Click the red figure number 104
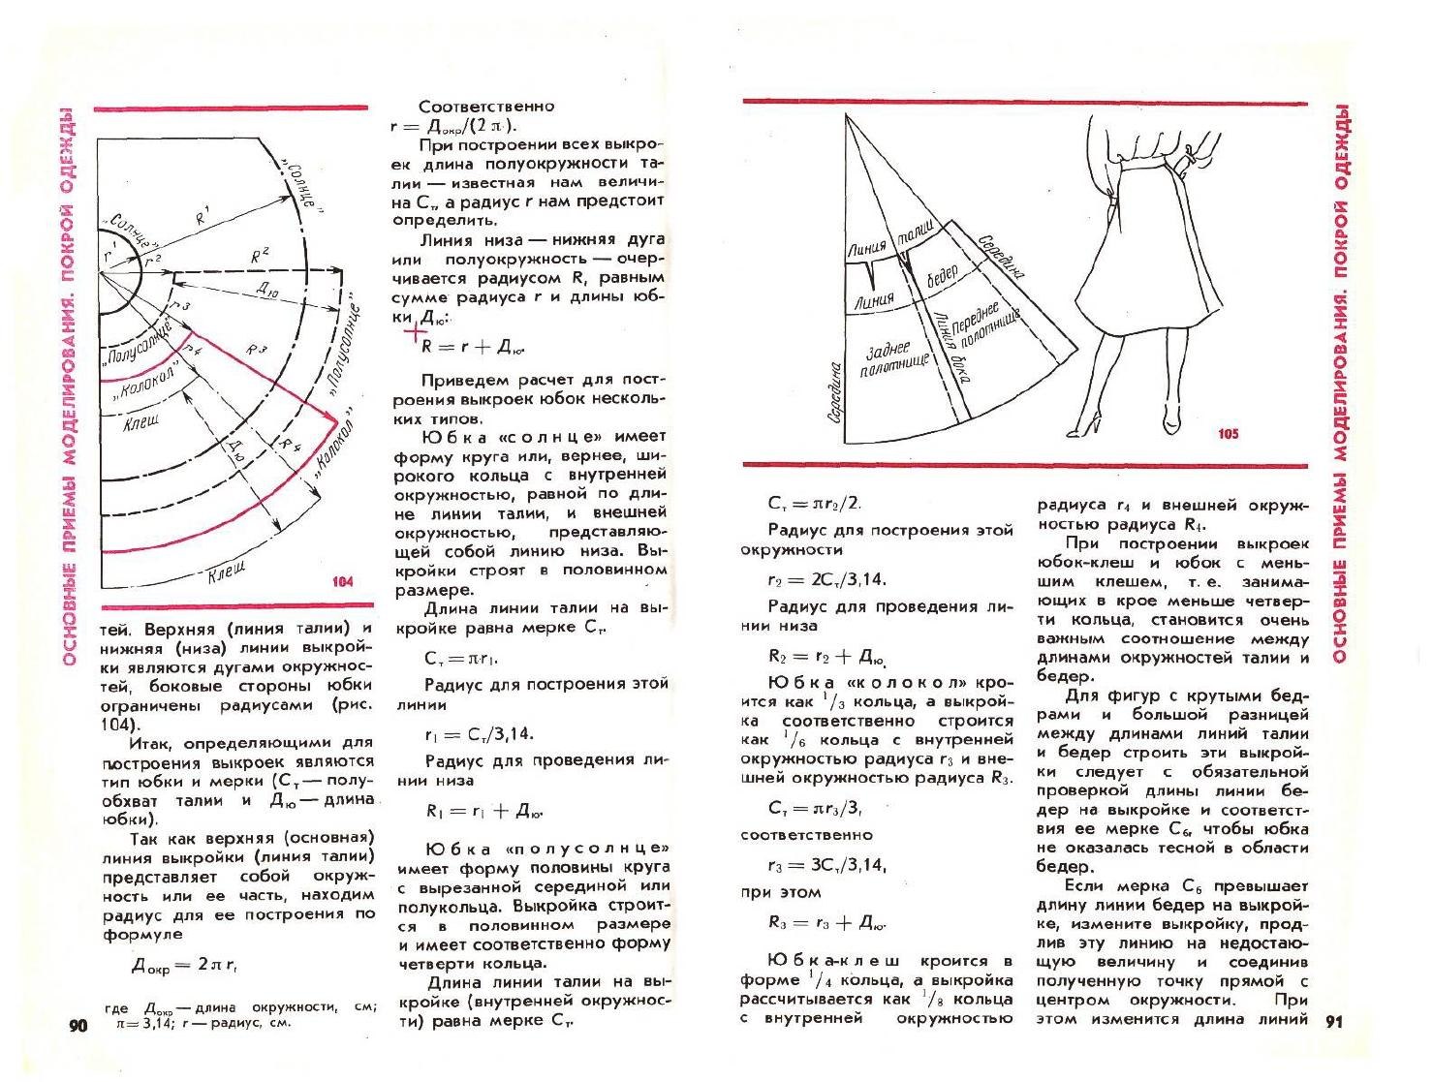(x=342, y=581)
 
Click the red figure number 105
(x=1228, y=434)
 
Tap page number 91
(x=1334, y=1021)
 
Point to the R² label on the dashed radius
(x=260, y=256)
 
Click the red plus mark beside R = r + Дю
(x=416, y=332)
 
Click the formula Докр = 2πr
(x=184, y=966)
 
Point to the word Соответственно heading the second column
(x=486, y=107)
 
